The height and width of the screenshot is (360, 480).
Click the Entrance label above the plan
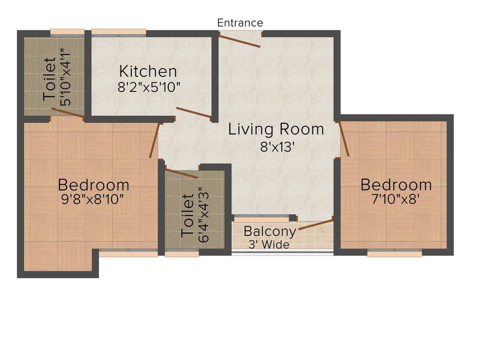240,22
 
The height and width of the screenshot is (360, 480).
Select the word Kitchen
148,72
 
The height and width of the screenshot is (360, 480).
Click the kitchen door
194,112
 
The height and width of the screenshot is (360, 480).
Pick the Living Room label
276,129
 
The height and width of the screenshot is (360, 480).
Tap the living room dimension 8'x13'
277,147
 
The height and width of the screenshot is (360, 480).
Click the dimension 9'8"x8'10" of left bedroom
93,199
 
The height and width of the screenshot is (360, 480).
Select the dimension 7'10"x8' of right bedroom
396,199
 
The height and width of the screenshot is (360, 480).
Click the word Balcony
270,232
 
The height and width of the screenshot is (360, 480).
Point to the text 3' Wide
270,244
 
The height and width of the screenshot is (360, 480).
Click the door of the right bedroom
344,138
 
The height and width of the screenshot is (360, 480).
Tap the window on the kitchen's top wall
118,33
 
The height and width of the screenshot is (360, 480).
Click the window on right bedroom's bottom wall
394,253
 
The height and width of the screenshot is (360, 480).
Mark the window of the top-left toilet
67,33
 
